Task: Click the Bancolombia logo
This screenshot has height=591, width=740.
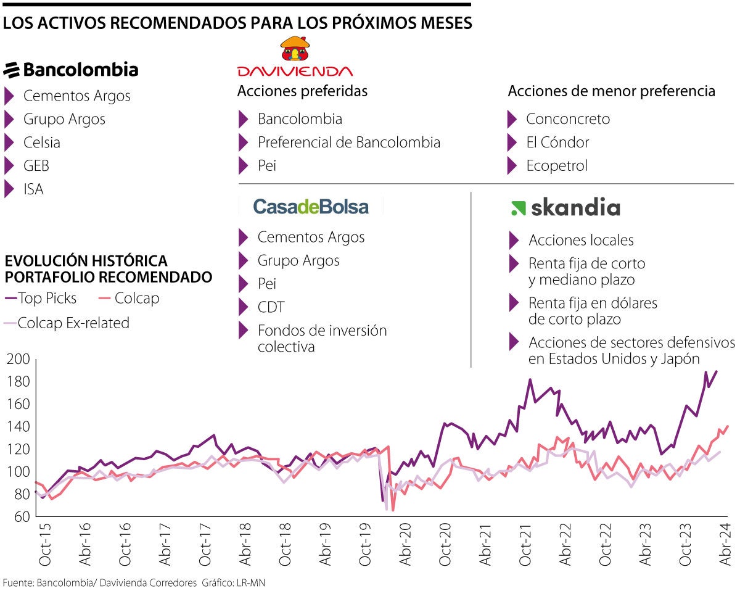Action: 71,70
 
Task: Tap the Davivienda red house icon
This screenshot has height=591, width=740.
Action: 295,49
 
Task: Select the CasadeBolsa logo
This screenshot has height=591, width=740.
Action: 311,207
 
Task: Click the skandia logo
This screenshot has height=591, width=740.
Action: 565,208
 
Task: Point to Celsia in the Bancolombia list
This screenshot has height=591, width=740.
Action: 42,143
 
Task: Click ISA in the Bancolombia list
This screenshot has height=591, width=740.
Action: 33,189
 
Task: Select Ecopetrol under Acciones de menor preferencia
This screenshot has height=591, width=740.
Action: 556,166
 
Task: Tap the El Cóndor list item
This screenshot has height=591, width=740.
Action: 557,143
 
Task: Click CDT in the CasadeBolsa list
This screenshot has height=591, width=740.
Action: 271,307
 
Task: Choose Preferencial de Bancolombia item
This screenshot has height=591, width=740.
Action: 348,143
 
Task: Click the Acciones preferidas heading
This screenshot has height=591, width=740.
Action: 302,91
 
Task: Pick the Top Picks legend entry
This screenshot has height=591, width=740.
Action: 47,299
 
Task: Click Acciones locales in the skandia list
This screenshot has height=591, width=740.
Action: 580,240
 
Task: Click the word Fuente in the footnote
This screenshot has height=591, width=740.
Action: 17,582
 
